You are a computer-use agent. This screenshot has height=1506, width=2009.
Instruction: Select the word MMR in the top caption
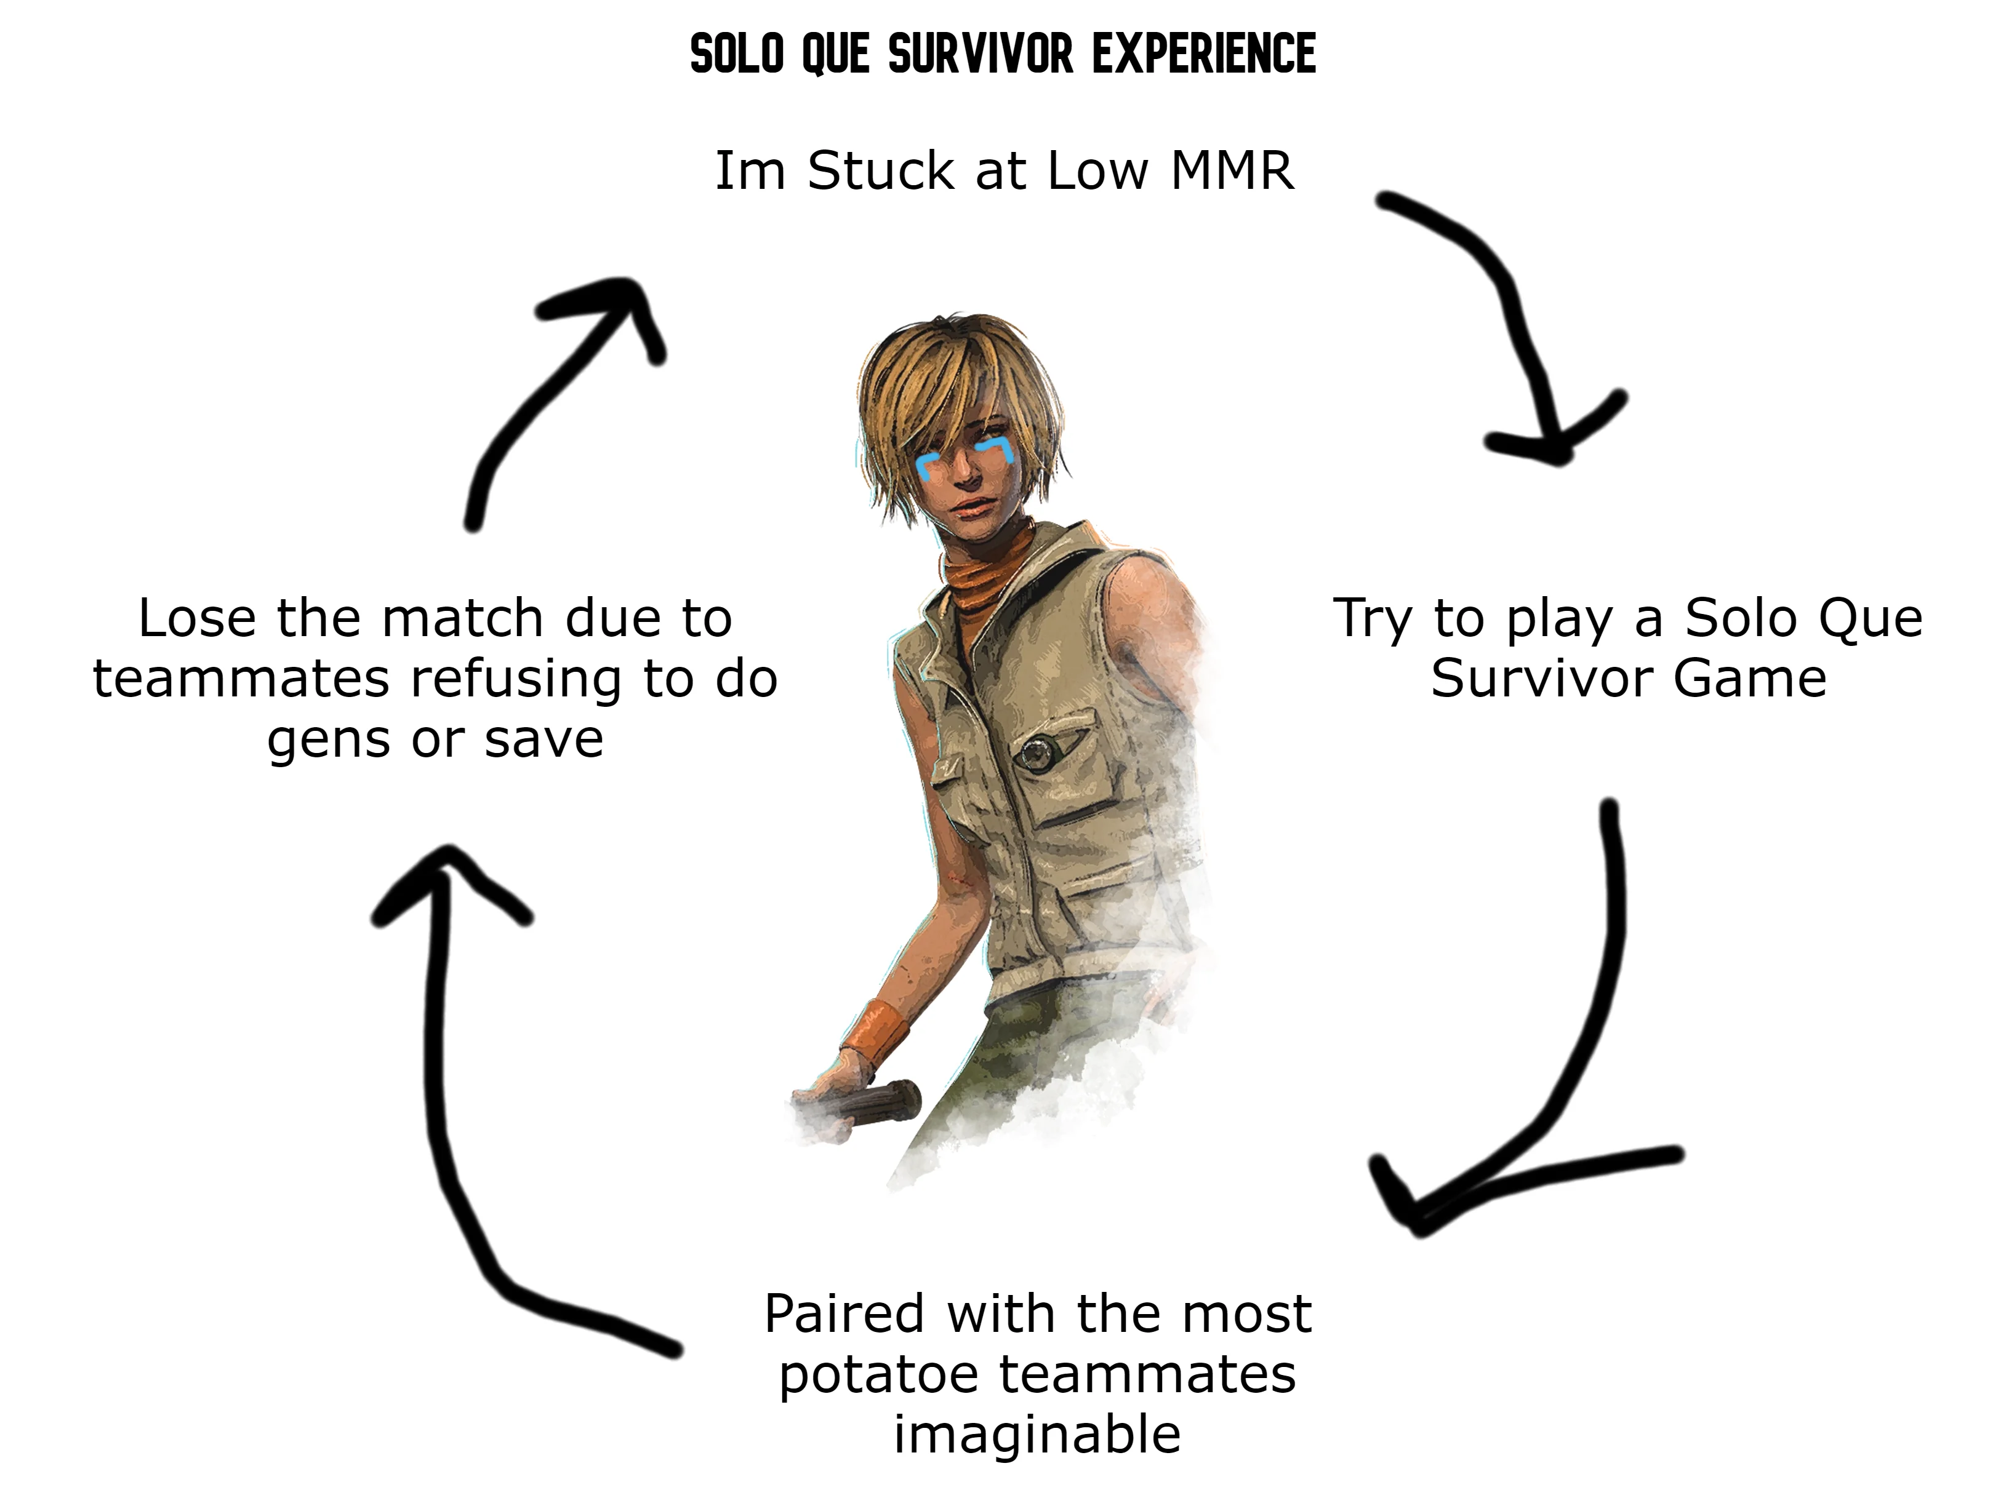tap(1232, 170)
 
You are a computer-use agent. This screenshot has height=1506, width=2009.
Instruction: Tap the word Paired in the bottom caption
tap(844, 1313)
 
